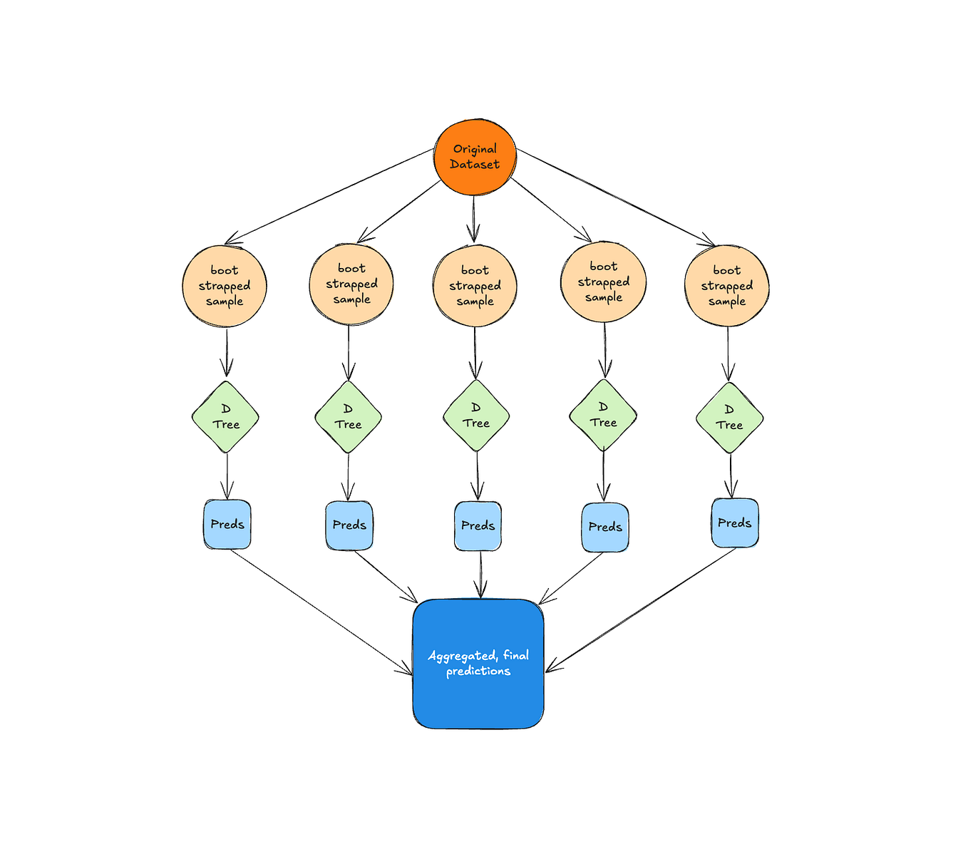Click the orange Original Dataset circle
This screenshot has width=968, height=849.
(x=475, y=158)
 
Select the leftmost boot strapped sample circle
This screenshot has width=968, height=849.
(x=225, y=286)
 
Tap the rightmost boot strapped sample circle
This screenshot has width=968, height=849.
(x=726, y=286)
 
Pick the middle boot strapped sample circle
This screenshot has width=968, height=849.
(x=475, y=286)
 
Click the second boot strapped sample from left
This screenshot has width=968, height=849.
(x=351, y=284)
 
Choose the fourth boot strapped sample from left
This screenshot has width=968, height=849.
(x=603, y=282)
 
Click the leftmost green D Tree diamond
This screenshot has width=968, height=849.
(x=225, y=417)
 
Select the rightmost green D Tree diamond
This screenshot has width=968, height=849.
(x=729, y=418)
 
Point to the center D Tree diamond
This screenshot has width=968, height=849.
(x=476, y=416)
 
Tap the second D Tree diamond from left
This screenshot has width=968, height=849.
(x=348, y=417)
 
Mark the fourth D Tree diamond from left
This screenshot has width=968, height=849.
(x=603, y=415)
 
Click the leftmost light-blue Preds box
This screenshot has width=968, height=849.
(x=227, y=525)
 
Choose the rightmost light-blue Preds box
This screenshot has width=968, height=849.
(x=735, y=523)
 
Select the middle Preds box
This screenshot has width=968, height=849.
(x=478, y=526)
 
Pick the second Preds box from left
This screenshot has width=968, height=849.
(x=349, y=525)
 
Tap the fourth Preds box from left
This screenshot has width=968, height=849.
(x=605, y=528)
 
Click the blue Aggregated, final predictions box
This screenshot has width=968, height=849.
(x=478, y=664)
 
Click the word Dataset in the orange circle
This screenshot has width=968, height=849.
(x=475, y=165)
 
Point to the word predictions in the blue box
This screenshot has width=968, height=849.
(x=478, y=672)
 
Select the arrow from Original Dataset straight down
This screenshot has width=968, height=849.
(x=474, y=217)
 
